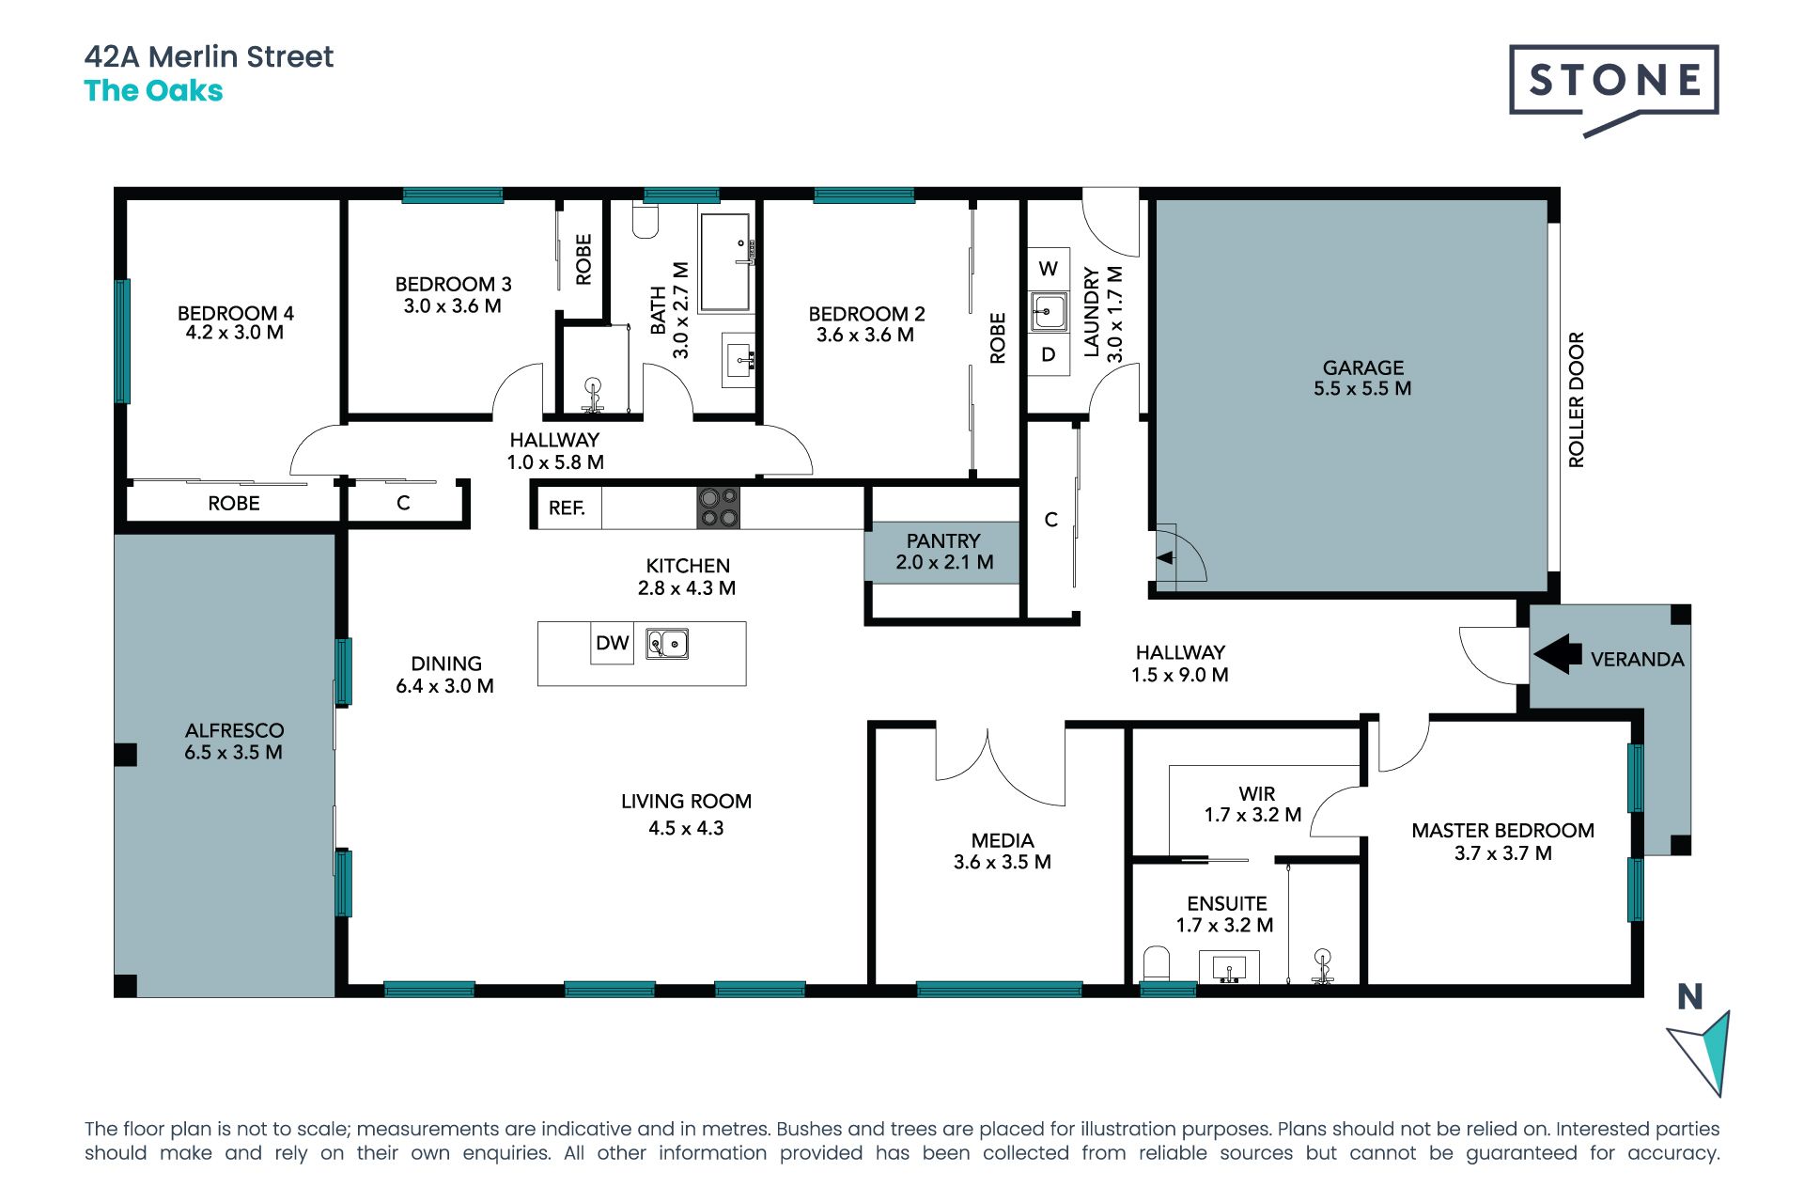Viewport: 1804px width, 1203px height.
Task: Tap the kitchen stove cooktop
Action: click(718, 508)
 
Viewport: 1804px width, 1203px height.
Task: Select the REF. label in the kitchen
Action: click(567, 508)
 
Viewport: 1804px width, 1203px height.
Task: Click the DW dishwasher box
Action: click(612, 643)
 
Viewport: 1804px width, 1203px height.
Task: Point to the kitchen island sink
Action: click(667, 644)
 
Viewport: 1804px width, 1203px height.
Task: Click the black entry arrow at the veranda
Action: click(1557, 653)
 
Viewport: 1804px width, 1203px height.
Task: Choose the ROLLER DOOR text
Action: click(1577, 399)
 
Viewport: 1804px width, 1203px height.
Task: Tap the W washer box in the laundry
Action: click(1049, 269)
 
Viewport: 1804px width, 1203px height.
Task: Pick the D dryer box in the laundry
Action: click(1049, 354)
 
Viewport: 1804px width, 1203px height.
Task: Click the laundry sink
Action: click(1049, 311)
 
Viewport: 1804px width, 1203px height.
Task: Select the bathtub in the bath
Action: click(725, 262)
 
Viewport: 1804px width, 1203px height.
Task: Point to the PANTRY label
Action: click(943, 541)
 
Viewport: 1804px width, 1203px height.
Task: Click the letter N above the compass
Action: click(1690, 996)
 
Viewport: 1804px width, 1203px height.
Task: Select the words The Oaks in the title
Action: click(153, 91)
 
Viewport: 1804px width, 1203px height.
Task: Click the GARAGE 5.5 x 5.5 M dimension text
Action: click(1362, 388)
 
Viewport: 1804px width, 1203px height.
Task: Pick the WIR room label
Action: click(1257, 794)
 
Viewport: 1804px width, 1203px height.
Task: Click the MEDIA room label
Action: click(1003, 840)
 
